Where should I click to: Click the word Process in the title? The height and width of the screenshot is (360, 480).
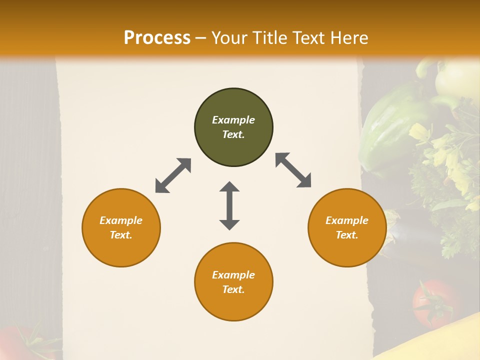tap(157, 38)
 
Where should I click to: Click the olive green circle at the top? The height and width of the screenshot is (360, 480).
tap(233, 127)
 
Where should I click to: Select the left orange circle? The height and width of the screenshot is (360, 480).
tap(121, 228)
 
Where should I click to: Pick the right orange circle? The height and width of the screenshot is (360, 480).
tap(347, 228)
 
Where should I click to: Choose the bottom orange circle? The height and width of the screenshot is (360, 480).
tap(233, 282)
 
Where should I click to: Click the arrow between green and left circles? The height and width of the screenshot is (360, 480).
tap(173, 175)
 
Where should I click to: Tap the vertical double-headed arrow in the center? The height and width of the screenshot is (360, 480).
tap(229, 205)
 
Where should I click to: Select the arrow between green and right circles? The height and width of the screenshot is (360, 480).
tap(293, 170)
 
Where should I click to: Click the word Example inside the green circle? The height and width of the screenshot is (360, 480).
tap(233, 120)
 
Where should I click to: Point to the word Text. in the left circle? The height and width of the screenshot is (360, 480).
tap(121, 235)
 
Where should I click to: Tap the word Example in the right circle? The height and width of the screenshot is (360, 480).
tap(347, 220)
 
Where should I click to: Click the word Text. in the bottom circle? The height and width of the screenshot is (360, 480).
tap(233, 290)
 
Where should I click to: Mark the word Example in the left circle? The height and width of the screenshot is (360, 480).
tap(121, 220)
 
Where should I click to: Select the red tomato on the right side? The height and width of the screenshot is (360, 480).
tap(433, 302)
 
